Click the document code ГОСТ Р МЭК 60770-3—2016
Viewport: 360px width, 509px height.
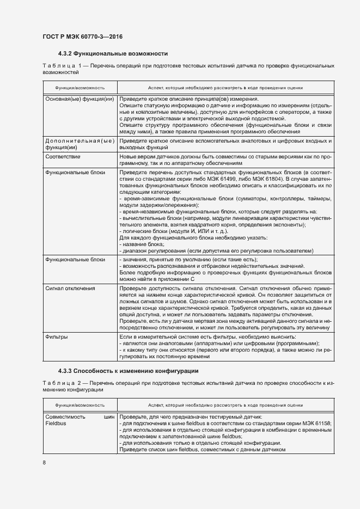[82, 37]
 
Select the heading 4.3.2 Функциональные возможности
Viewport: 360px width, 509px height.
[112, 54]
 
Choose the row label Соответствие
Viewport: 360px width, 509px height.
[63, 156]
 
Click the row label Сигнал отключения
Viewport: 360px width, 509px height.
[70, 288]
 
